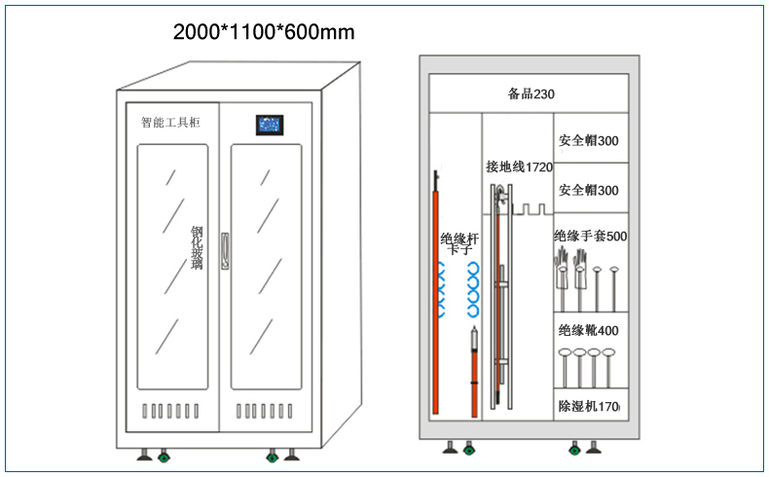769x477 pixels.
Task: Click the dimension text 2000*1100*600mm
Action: [264, 32]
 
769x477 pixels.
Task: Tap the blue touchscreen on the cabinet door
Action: [270, 125]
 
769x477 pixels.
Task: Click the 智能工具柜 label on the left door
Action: [170, 122]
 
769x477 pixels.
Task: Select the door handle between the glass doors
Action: [225, 251]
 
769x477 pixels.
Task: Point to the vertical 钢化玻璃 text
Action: [197, 247]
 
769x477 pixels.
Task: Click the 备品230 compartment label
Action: [531, 93]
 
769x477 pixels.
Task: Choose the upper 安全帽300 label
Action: [589, 141]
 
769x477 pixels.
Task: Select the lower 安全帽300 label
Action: [589, 190]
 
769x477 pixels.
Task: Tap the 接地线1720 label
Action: [520, 167]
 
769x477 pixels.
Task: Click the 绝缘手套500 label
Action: [591, 237]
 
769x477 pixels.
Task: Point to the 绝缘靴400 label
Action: [589, 330]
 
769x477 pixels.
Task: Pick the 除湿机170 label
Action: [589, 406]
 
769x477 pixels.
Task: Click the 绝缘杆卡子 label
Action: [459, 243]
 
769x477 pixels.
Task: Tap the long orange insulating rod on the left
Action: [435, 294]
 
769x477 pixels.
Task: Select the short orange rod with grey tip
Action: [474, 372]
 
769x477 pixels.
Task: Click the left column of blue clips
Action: [441, 289]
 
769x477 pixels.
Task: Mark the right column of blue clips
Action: [473, 289]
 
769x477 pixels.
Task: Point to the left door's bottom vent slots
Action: [170, 412]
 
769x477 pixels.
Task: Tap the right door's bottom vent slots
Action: [265, 412]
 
